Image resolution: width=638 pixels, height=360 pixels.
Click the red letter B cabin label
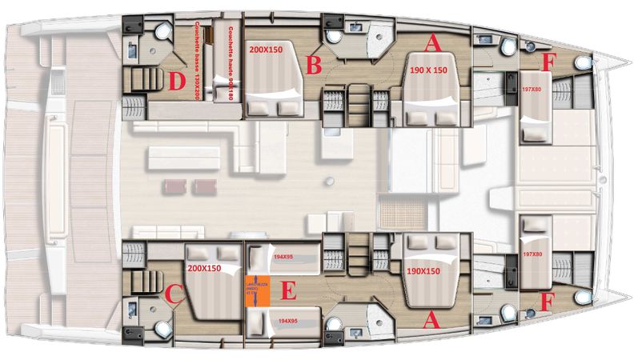click(314, 62)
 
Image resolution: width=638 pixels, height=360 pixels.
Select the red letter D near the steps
click(177, 80)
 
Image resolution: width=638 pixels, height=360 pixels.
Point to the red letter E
click(287, 292)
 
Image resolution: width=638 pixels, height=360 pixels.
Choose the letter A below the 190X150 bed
click(430, 321)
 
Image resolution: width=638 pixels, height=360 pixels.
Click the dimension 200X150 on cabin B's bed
click(265, 49)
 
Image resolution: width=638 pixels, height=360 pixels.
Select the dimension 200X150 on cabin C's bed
click(206, 270)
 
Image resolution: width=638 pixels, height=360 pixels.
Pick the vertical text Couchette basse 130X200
click(196, 60)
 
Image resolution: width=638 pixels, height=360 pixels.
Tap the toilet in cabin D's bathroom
click(164, 30)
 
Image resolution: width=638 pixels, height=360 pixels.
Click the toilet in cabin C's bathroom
click(164, 328)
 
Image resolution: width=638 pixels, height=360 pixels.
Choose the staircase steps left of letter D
click(134, 81)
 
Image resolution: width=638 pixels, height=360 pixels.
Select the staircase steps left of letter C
click(134, 282)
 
